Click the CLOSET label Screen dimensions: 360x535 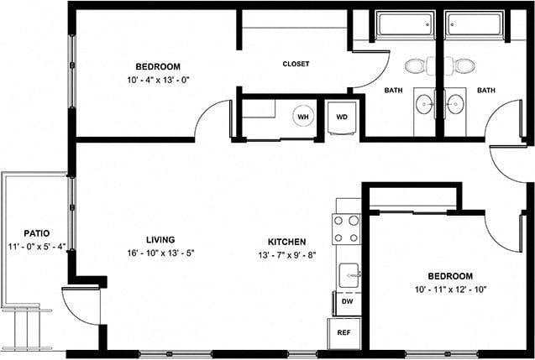pos(295,64)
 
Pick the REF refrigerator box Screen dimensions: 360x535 pos(344,332)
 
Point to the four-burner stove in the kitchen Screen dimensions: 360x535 pos(347,228)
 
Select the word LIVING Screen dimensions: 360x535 pos(160,240)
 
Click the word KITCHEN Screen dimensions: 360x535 pos(287,242)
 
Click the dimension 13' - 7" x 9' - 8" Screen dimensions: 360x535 pos(287,255)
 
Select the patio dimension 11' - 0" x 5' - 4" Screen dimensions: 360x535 pos(36,247)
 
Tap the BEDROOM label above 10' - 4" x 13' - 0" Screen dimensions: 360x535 pos(158,66)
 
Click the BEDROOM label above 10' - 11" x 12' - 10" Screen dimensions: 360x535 pos(449,275)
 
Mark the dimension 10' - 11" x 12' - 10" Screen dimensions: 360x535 pos(449,289)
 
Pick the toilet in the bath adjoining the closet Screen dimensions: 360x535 pos(416,65)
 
